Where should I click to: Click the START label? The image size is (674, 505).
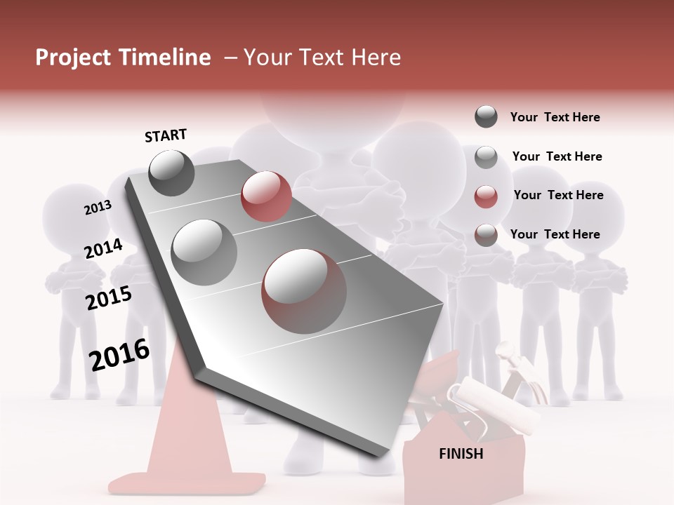pyautogui.click(x=166, y=135)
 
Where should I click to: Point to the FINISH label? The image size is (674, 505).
pyautogui.click(x=461, y=454)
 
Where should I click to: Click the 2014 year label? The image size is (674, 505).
pyautogui.click(x=103, y=249)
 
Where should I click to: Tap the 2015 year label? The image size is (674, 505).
pyautogui.click(x=109, y=299)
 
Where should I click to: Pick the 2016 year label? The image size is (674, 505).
pyautogui.click(x=119, y=355)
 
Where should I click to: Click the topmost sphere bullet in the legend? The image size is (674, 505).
pyautogui.click(x=486, y=116)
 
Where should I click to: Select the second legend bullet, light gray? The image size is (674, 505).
pyautogui.click(x=486, y=156)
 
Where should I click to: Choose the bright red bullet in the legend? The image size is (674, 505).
pyautogui.click(x=486, y=196)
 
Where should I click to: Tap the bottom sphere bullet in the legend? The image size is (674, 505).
pyautogui.click(x=486, y=235)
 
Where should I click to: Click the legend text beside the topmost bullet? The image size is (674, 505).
pyautogui.click(x=555, y=117)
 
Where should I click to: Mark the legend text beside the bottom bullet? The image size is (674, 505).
pyautogui.click(x=555, y=234)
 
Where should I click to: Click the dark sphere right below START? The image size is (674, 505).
pyautogui.click(x=171, y=173)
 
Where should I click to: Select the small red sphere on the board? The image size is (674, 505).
pyautogui.click(x=266, y=196)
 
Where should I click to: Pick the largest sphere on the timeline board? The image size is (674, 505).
pyautogui.click(x=304, y=291)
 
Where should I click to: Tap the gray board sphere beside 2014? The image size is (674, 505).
pyautogui.click(x=204, y=252)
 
